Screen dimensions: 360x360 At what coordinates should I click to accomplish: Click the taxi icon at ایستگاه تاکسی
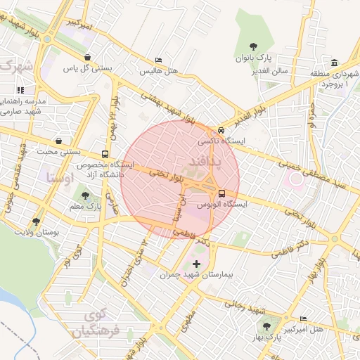tap(221, 130)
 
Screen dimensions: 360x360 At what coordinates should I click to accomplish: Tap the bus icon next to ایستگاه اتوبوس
tap(221, 193)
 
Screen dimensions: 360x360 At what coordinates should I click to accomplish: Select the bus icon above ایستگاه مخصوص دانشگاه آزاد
tap(105, 154)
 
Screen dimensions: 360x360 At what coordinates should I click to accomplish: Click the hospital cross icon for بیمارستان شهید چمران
tap(195, 264)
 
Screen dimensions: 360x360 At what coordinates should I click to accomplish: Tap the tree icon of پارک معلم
tap(85, 196)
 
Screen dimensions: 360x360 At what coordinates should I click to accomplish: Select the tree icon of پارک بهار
tap(266, 327)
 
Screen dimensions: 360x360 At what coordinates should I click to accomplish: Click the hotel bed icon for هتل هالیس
tap(158, 60)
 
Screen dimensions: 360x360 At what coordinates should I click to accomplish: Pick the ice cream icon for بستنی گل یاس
tap(86, 58)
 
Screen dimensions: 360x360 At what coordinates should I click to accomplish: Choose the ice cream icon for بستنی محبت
tap(57, 141)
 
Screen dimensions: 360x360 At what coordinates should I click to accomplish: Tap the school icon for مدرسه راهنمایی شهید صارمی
tap(20, 90)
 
